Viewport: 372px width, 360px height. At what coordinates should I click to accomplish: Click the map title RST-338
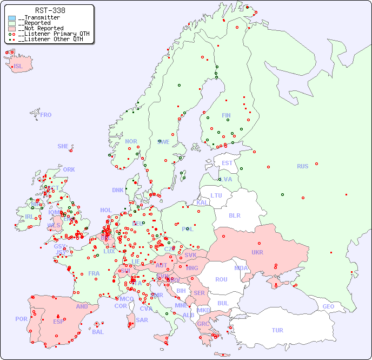(50, 10)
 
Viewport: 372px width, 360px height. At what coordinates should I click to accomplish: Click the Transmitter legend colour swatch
(12, 18)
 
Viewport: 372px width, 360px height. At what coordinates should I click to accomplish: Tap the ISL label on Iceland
(18, 67)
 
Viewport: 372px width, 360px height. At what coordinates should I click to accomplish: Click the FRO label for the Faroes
(46, 115)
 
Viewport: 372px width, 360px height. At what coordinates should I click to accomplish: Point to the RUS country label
(302, 166)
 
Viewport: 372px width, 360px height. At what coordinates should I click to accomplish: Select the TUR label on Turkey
(277, 330)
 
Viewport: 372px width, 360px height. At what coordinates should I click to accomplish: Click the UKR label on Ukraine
(257, 252)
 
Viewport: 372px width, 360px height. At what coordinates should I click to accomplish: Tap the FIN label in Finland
(226, 115)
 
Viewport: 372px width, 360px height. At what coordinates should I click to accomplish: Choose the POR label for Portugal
(21, 319)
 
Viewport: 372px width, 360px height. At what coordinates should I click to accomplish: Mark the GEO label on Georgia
(328, 306)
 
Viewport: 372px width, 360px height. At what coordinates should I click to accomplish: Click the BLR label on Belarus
(234, 215)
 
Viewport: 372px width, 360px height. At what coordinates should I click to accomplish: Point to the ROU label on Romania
(221, 279)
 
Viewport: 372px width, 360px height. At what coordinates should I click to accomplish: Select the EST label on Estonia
(227, 163)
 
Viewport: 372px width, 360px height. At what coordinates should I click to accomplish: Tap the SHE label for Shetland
(63, 146)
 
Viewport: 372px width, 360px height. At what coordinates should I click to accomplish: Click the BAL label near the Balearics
(98, 332)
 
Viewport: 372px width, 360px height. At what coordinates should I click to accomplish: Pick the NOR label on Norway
(131, 141)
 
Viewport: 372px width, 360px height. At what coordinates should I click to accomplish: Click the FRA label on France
(94, 273)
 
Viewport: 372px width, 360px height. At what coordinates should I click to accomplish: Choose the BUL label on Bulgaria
(223, 303)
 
